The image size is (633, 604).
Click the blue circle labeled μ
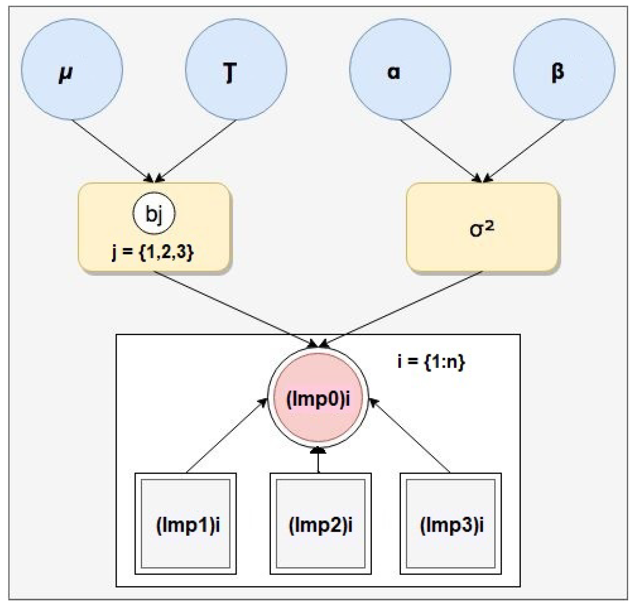tap(72, 69)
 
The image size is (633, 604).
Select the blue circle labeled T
tap(236, 69)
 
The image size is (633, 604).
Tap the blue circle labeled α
tap(400, 69)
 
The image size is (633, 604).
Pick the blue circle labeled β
tap(564, 69)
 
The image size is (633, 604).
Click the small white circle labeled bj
tap(154, 214)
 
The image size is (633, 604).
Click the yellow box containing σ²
tap(482, 229)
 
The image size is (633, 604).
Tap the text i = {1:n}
tap(431, 361)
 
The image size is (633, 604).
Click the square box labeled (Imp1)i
tap(185, 523)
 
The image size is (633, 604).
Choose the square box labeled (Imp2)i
tap(320, 523)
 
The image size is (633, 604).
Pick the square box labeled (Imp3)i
tap(451, 523)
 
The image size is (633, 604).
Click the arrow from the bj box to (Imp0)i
tap(234, 309)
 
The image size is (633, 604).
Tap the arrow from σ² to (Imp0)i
tap(404, 309)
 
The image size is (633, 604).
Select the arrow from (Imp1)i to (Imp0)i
tap(226, 436)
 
